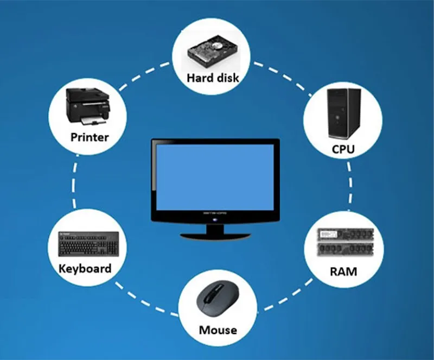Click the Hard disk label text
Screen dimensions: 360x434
pyautogui.click(x=213, y=78)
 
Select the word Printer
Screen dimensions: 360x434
pyautogui.click(x=90, y=137)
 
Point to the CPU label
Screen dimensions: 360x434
pyautogui.click(x=343, y=149)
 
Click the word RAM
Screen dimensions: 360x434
pyautogui.click(x=343, y=270)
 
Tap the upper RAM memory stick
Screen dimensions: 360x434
pyautogui.click(x=343, y=234)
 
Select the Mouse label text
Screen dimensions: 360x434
pyautogui.click(x=218, y=330)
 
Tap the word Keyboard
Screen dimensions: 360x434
pyautogui.click(x=85, y=268)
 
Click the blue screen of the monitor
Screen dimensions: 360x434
pyautogui.click(x=215, y=175)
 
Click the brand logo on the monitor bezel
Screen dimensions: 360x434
pyautogui.click(x=215, y=214)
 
